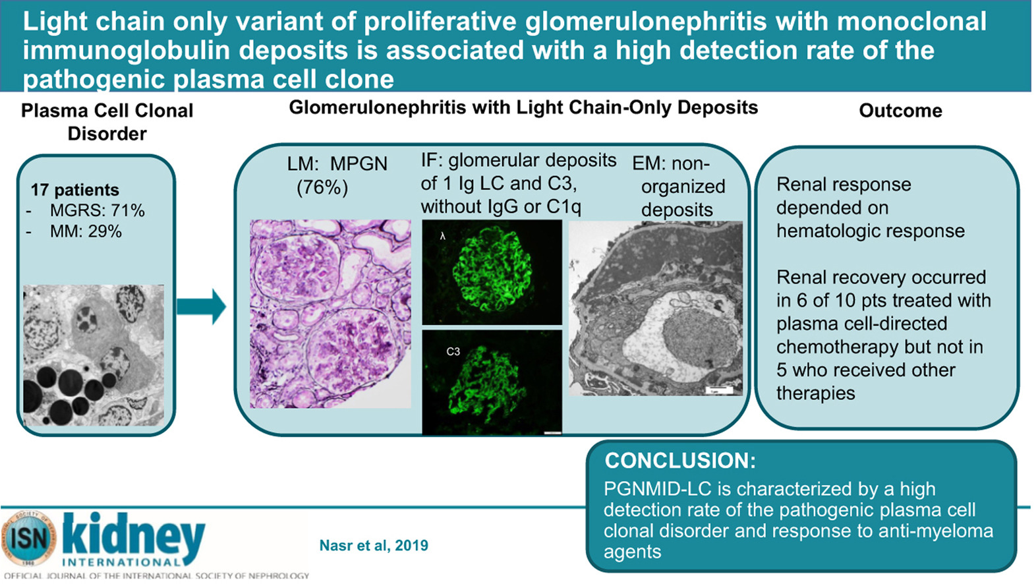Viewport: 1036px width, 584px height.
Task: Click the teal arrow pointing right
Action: point(201,307)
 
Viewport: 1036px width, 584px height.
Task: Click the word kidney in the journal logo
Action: point(134,535)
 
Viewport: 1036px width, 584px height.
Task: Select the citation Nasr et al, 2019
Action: point(374,546)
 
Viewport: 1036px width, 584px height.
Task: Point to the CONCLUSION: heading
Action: point(680,461)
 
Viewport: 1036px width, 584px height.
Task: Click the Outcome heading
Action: point(900,111)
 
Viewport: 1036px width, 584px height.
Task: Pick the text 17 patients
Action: point(75,190)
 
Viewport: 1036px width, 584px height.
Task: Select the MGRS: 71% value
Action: point(97,211)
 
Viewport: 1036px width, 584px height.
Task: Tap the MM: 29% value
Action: point(86,231)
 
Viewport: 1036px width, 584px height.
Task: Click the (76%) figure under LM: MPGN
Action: point(322,187)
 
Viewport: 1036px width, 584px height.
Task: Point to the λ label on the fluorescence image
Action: point(443,237)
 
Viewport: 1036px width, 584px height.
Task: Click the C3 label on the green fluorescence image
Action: point(453,352)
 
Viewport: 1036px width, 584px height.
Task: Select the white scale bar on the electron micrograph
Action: point(720,391)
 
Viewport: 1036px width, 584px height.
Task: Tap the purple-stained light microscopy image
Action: point(330,314)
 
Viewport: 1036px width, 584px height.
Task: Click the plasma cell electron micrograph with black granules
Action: point(94,355)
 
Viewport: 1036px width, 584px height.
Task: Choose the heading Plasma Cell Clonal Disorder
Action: point(107,122)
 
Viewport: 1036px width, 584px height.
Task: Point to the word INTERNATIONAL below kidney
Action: point(121,563)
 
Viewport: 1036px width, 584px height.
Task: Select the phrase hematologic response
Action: point(871,231)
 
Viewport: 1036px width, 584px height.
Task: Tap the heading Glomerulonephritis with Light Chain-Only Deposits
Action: point(523,108)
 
